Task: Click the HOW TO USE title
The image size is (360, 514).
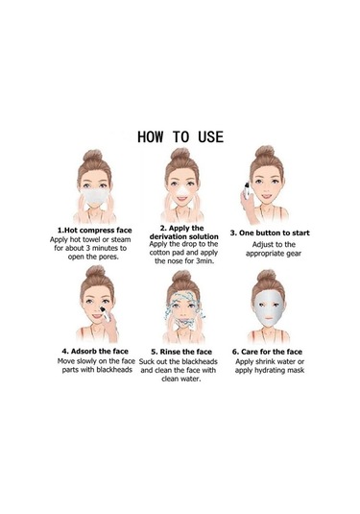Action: [x=180, y=136]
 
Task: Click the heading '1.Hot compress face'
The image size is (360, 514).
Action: [x=95, y=231]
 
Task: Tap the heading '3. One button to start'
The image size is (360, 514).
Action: [x=270, y=233]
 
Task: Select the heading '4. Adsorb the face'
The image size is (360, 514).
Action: [x=95, y=351]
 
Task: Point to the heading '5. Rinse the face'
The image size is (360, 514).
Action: [x=181, y=352]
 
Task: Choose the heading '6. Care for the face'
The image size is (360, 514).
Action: [x=267, y=352]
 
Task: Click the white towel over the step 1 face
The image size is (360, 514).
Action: [x=94, y=196]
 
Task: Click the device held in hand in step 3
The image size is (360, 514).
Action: [x=247, y=190]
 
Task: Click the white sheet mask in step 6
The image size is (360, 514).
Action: [x=268, y=308]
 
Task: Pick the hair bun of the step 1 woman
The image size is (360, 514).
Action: [x=93, y=155]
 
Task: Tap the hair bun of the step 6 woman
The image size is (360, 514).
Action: [x=266, y=276]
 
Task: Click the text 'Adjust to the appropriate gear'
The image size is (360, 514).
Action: [x=274, y=249]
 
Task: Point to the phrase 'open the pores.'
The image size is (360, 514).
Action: [x=93, y=257]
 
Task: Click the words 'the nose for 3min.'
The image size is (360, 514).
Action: [x=184, y=261]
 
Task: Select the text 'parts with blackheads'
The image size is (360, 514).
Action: [x=97, y=370]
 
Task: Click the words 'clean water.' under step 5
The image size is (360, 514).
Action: [x=180, y=379]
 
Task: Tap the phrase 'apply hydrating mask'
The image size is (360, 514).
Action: [x=269, y=371]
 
